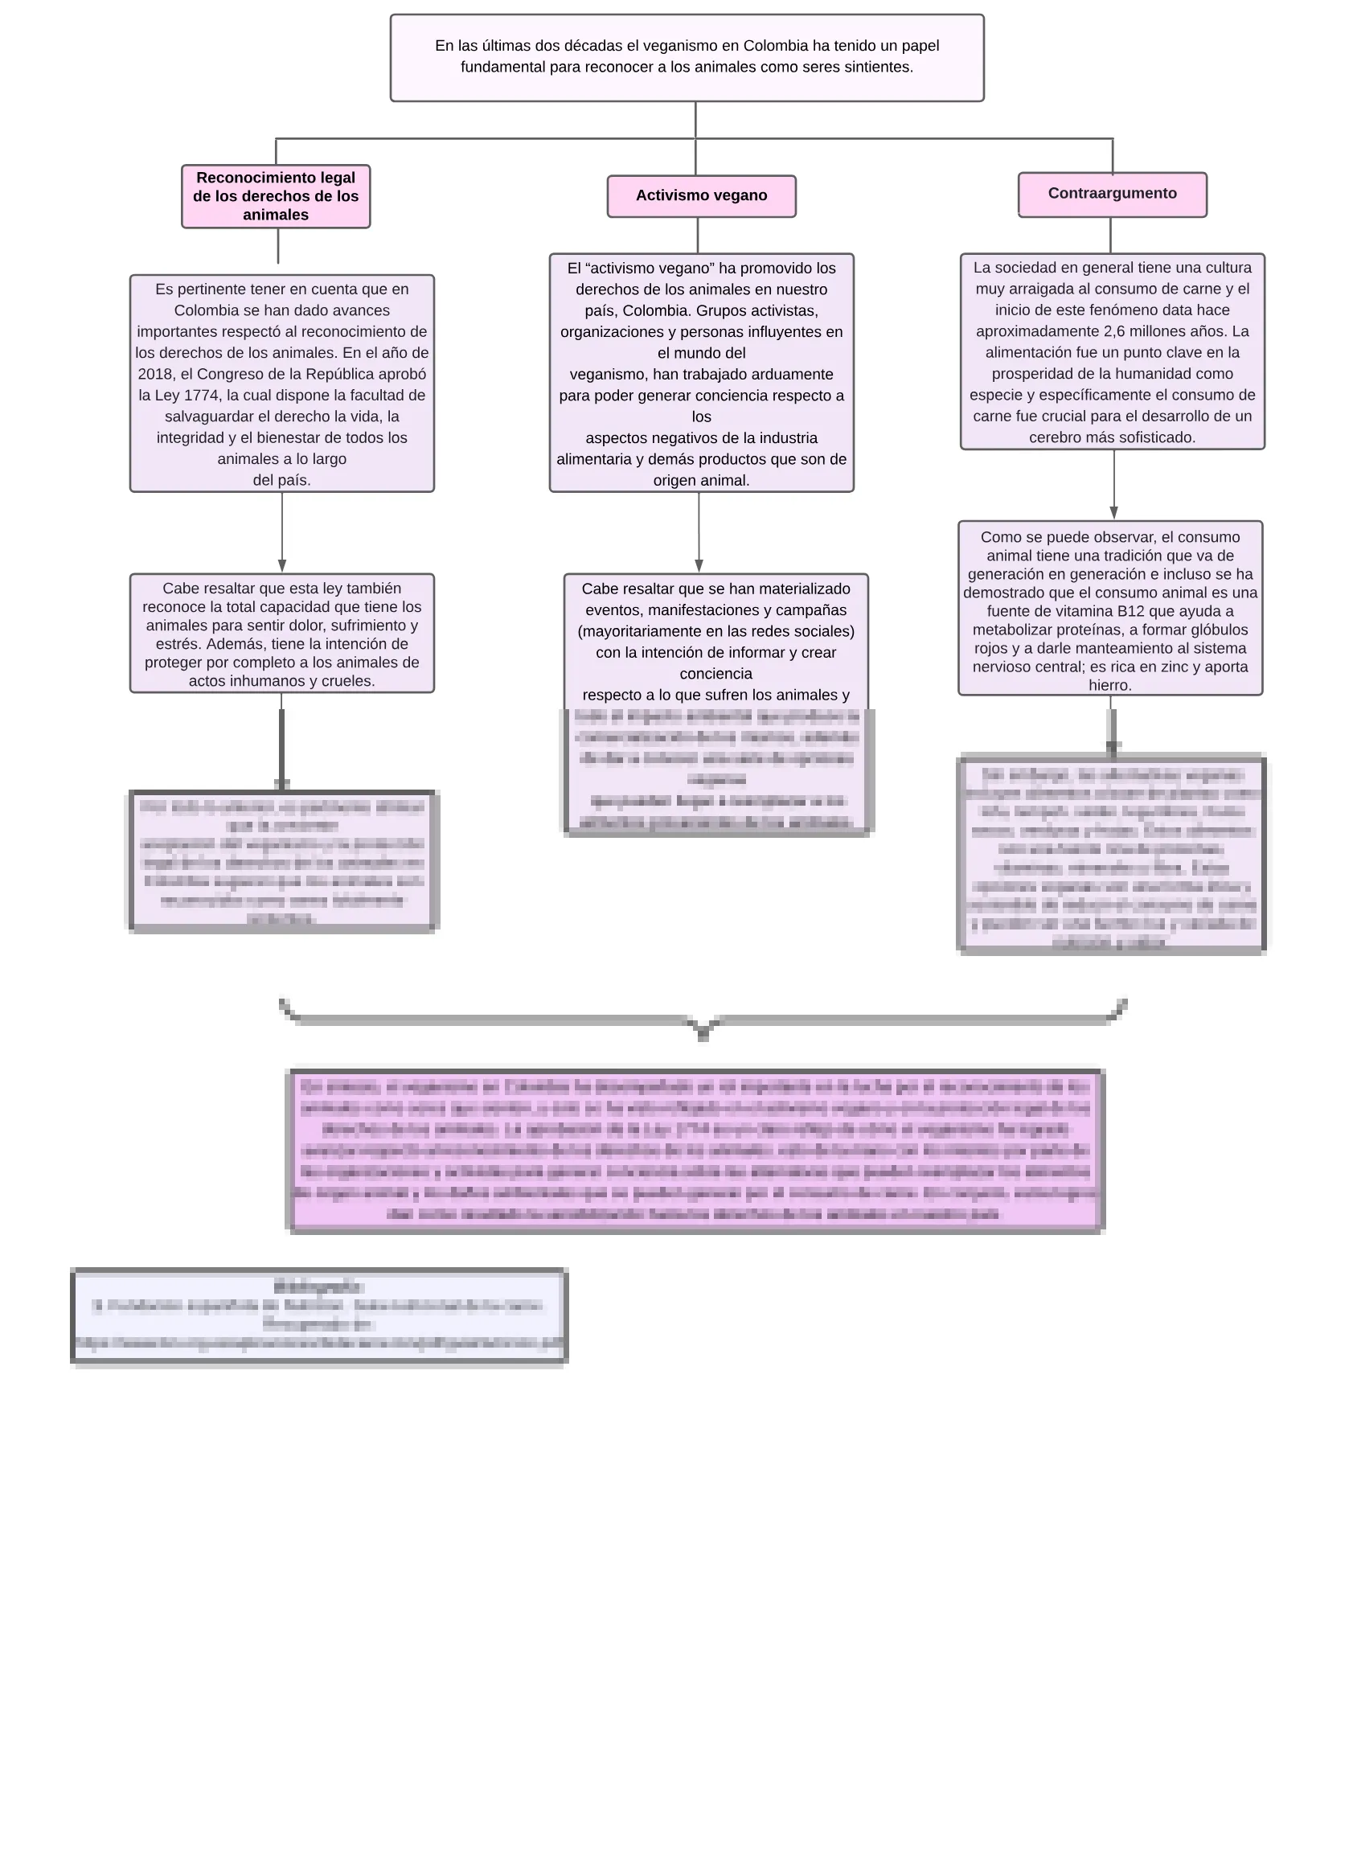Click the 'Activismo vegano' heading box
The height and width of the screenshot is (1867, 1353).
[x=701, y=196]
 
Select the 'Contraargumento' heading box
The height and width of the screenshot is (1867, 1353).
[x=1112, y=195]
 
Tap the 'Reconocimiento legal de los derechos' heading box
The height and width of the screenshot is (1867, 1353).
[x=276, y=197]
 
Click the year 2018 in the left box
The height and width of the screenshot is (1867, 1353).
[x=154, y=375]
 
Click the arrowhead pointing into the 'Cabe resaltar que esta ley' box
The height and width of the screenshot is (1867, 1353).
[x=282, y=566]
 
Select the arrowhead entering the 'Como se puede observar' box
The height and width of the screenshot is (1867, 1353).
[x=1113, y=513]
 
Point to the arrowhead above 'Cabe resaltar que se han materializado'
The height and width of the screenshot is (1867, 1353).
[x=699, y=566]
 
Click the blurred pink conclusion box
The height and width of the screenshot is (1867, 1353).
[x=696, y=1150]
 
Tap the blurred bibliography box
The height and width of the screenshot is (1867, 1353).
[x=319, y=1316]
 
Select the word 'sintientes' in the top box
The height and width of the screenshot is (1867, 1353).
[x=878, y=68]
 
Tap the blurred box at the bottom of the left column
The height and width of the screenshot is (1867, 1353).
[x=282, y=862]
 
